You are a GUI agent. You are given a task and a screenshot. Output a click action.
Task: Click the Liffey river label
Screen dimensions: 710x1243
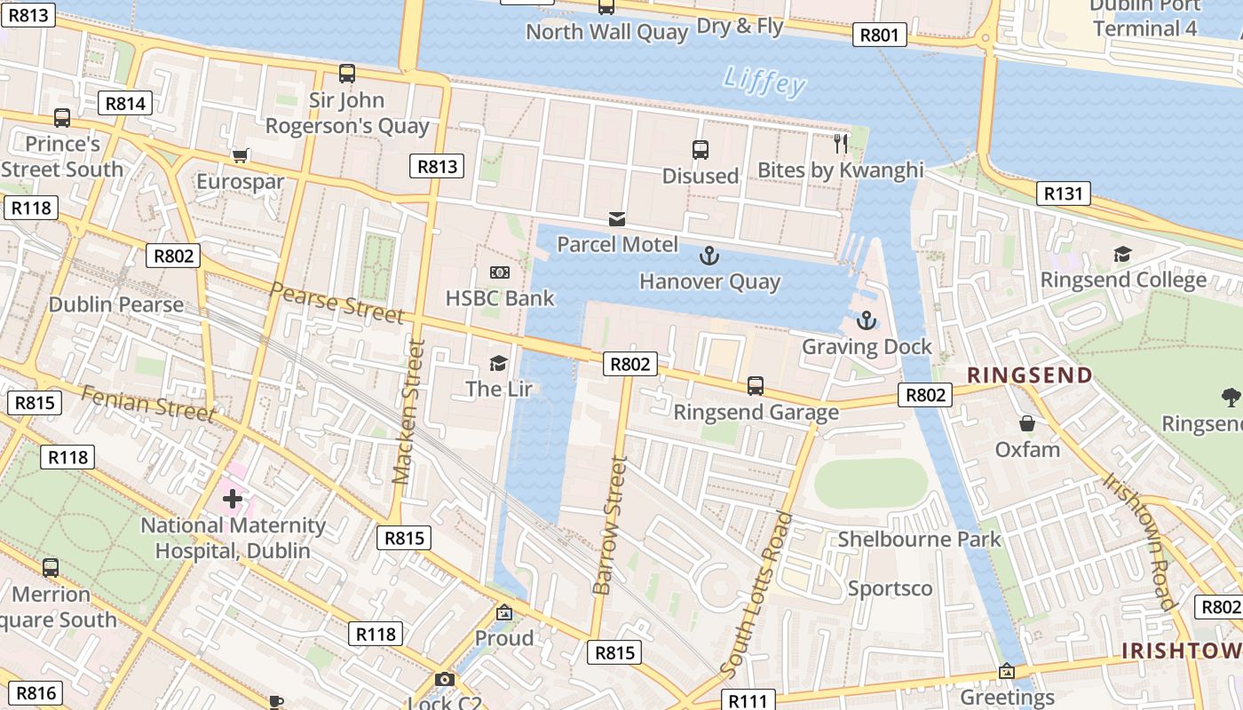point(764,81)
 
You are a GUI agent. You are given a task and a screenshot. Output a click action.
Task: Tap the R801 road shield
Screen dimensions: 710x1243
point(880,35)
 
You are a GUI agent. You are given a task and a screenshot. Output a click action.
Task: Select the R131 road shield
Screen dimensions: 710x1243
point(1063,193)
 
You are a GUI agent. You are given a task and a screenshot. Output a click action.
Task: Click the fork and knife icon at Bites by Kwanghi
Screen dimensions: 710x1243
point(841,143)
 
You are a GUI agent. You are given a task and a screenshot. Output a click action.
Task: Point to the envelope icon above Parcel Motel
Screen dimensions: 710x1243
point(616,219)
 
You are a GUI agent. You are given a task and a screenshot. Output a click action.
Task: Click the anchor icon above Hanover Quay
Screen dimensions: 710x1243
point(709,256)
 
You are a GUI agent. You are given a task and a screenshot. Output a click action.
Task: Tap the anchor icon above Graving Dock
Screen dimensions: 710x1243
point(866,320)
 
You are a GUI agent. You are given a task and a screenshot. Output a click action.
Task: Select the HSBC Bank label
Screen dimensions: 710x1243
point(500,298)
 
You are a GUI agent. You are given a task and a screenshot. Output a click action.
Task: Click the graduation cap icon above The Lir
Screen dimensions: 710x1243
point(498,363)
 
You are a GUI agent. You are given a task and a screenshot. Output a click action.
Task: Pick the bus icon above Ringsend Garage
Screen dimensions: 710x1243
point(756,386)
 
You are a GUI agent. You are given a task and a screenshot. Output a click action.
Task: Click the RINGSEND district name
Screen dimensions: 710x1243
point(1029,375)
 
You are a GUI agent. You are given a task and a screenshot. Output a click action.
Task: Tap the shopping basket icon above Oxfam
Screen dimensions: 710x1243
point(1027,423)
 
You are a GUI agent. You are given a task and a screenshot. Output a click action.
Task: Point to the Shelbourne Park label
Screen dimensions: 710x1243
point(919,539)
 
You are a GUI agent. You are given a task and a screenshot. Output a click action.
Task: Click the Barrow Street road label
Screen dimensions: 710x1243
point(611,525)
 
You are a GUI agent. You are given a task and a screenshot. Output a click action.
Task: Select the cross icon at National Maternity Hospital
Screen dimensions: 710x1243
point(233,499)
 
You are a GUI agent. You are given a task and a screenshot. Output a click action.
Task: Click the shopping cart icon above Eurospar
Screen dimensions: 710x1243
point(240,156)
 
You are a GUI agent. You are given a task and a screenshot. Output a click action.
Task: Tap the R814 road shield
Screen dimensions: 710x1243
point(125,103)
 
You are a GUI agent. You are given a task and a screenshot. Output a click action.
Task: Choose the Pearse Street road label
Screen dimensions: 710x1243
point(336,303)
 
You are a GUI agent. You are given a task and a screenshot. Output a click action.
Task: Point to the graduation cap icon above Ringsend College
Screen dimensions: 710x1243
point(1122,255)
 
